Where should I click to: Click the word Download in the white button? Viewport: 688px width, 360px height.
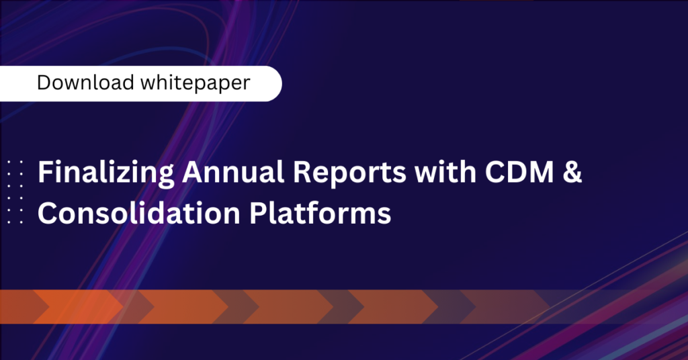tap(85, 83)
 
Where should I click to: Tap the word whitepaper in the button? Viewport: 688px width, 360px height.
tap(196, 83)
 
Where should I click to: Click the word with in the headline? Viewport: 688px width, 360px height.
tap(445, 171)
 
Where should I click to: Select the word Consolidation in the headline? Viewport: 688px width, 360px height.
tap(138, 213)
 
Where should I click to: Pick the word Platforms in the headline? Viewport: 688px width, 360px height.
tap(320, 213)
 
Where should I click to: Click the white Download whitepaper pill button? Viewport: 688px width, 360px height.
tap(140, 83)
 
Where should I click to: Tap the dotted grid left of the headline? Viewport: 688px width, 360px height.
tap(15, 192)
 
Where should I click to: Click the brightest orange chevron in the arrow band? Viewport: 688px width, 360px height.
tap(78, 306)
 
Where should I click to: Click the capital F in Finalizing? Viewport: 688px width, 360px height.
tap(45, 171)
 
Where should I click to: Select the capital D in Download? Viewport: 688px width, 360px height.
tap(44, 83)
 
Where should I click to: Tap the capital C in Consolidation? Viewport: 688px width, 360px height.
tap(48, 213)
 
